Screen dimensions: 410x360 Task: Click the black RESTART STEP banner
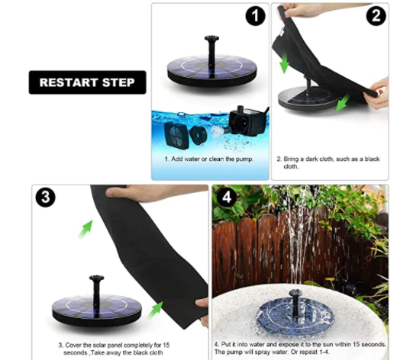[87, 82]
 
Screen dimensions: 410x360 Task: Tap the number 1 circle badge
[256, 16]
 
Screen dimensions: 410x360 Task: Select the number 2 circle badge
[376, 16]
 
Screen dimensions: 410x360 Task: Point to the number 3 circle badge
[46, 197]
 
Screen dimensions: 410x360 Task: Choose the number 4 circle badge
[227, 197]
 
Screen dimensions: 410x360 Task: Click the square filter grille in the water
[177, 135]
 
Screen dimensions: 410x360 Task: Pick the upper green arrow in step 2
[284, 63]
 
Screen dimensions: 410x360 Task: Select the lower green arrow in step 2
[343, 103]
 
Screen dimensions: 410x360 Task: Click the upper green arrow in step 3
[86, 229]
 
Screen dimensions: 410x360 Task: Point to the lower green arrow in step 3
[155, 310]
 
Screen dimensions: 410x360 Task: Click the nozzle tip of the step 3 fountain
[96, 278]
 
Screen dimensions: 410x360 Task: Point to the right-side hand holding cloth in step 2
[376, 93]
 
